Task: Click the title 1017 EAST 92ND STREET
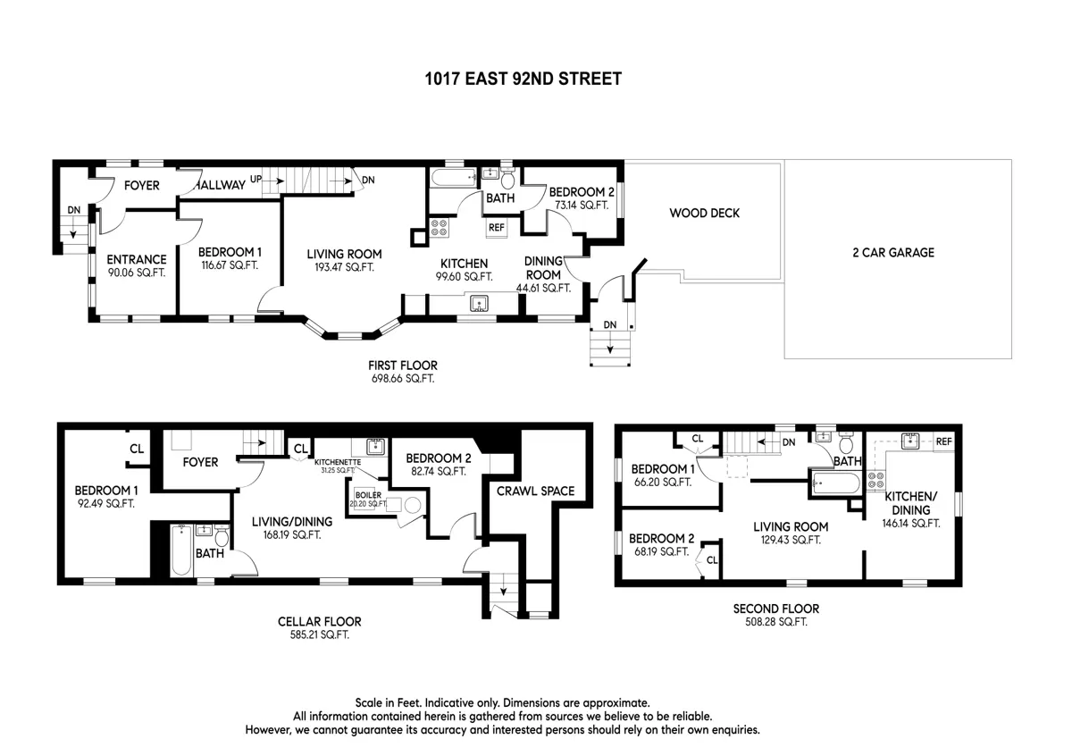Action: (523, 79)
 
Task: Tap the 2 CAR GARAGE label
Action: (893, 252)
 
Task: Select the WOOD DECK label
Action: (705, 213)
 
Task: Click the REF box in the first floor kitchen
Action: (497, 228)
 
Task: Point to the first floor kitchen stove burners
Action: (440, 227)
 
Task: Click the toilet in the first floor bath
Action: (507, 179)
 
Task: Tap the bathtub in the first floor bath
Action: (454, 178)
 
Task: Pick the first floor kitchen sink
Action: (479, 304)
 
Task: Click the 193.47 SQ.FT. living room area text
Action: (344, 267)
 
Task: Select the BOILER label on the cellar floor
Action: (368, 495)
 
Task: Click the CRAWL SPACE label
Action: (535, 491)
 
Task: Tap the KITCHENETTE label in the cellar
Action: (338, 462)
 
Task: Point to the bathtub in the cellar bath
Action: (182, 550)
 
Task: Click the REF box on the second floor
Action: (943, 441)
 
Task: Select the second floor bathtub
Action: (836, 483)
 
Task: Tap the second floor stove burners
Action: (875, 481)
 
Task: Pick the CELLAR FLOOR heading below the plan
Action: (319, 621)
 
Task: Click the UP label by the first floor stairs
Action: (256, 179)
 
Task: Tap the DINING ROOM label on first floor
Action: (543, 268)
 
